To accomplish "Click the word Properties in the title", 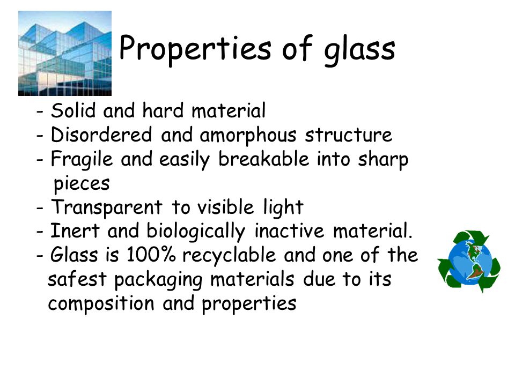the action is pos(195,49).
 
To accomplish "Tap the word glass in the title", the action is pos(359,50).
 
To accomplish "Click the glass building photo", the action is pos(65,53).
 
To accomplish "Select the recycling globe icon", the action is pos(469,261).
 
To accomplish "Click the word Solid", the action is pos(73,110).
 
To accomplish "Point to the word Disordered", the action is pos(101,135).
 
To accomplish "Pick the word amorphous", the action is pos(248,136).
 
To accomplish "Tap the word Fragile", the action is pos(82,160).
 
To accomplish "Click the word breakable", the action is pos(264,159).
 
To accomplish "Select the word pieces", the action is pos(82,184).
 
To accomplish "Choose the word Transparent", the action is pos(107,208).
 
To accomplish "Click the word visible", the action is pos(226,207).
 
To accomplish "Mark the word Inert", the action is pos(75,231).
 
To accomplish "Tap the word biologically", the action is pos(196,232).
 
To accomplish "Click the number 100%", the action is pos(151,255).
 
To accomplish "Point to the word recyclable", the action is pos(229,256).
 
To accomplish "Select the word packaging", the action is pos(158,280).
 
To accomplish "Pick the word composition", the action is pos(101,304).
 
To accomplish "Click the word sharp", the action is pos(383,160).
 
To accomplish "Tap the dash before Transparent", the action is pos(40,209).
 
